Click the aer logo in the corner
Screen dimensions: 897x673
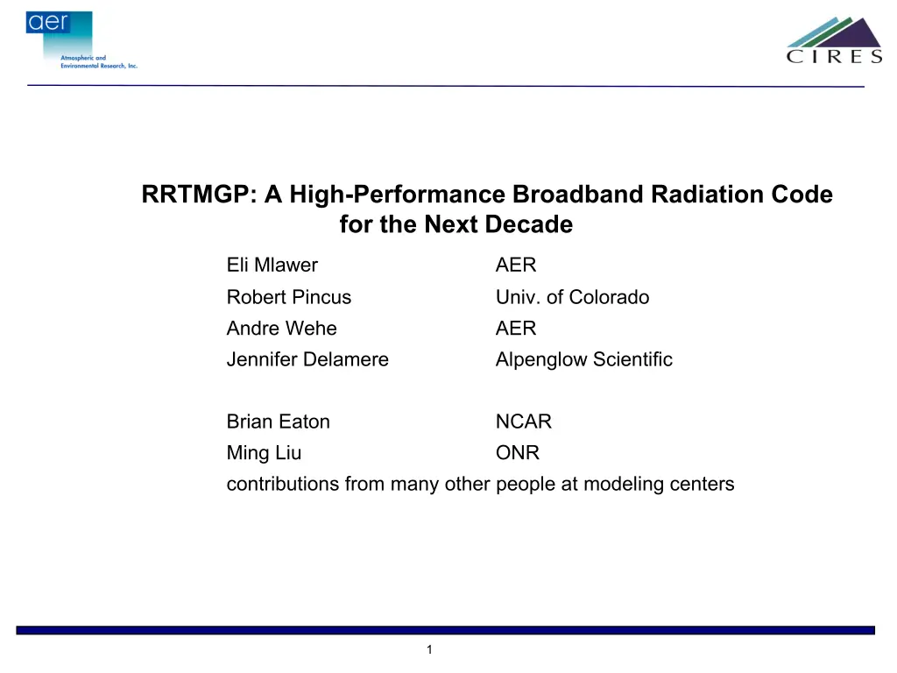[81, 40]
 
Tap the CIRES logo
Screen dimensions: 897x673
[834, 39]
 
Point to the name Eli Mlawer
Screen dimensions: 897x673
[272, 265]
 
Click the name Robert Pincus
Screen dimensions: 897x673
[289, 297]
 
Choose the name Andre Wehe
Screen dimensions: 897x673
[281, 329]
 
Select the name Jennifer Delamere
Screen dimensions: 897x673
[307, 359]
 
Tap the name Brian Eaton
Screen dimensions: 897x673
[278, 422]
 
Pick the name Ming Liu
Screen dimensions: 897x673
[264, 453]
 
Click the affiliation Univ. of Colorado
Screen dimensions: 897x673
[573, 297]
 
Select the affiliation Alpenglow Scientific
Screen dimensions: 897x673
[584, 359]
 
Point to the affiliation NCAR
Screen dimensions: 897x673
[524, 422]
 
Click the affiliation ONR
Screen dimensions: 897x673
[518, 453]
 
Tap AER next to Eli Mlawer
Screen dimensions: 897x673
[516, 265]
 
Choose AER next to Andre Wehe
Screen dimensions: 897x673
[516, 329]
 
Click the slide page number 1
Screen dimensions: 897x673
[429, 649]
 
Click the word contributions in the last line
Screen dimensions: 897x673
[283, 484]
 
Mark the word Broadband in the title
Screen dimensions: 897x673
[578, 194]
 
